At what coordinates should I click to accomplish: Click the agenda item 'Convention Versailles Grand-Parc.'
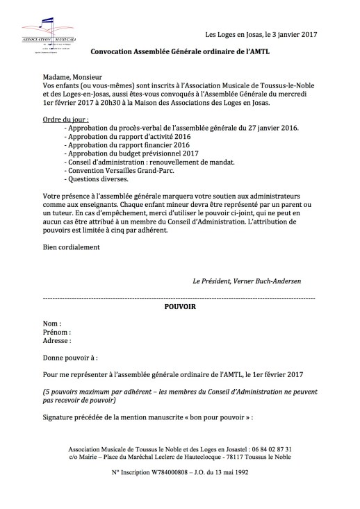(117, 170)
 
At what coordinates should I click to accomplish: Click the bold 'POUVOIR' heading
(179, 306)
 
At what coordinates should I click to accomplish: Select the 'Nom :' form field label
(51, 324)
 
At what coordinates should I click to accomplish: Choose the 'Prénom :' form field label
(56, 333)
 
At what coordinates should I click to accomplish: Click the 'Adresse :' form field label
(57, 341)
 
